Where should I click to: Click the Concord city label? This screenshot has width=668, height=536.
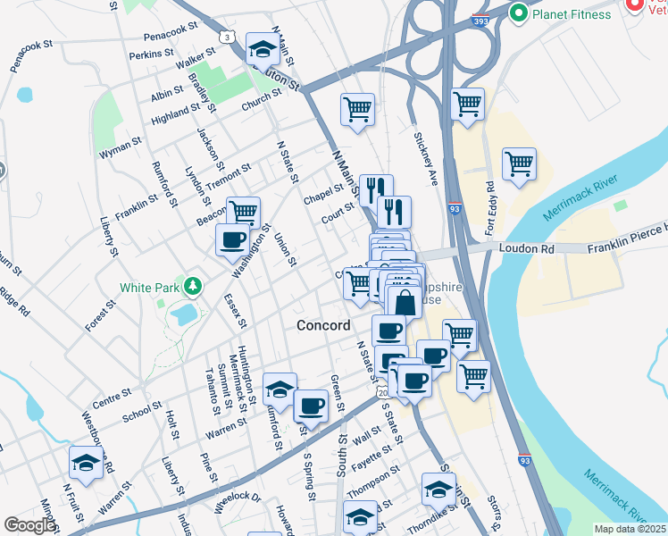tap(323, 326)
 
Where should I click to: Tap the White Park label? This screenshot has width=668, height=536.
tap(149, 288)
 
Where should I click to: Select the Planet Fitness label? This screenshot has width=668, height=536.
tap(572, 14)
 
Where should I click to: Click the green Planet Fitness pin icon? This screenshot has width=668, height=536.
tap(518, 13)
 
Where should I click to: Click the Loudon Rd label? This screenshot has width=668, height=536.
tap(522, 247)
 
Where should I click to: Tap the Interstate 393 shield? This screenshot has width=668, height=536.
tap(481, 19)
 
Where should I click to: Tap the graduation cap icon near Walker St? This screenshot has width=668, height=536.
tap(263, 46)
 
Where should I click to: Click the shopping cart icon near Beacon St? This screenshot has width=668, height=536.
tap(243, 212)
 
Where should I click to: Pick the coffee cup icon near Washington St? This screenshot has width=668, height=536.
tap(233, 239)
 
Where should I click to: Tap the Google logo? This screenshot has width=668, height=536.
tap(30, 525)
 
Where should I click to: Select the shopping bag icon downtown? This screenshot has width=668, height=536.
tap(405, 301)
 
